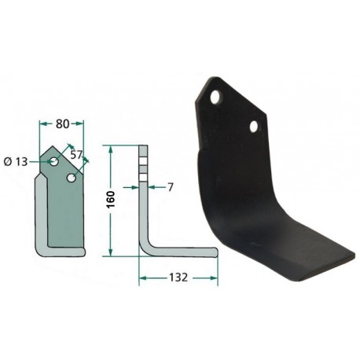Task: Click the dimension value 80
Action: point(62,124)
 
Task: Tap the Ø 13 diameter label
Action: point(16,162)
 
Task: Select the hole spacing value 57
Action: point(76,155)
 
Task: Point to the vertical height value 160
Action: point(111,200)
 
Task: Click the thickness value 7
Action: point(171,187)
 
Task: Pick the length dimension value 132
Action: point(178,277)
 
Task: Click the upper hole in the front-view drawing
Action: point(54,161)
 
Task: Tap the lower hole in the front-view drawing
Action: point(71,178)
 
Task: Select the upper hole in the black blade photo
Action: point(216,97)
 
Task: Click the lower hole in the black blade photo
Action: point(255,127)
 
